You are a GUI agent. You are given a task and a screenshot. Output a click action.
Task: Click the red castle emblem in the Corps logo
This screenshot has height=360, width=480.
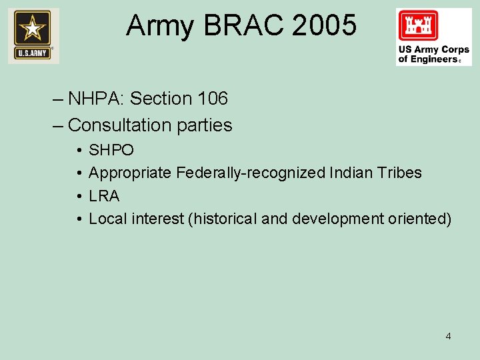418,26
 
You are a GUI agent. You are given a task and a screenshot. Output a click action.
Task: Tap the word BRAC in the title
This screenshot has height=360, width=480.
245,26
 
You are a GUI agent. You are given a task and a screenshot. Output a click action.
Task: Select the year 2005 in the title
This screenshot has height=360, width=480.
324,26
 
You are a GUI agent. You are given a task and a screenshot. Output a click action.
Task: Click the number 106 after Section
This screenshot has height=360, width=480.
213,99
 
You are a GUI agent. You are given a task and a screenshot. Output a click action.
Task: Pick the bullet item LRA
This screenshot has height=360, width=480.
104,196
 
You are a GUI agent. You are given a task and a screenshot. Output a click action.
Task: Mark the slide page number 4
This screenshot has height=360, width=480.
448,336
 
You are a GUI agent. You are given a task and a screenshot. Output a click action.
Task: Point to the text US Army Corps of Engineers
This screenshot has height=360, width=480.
434,55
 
